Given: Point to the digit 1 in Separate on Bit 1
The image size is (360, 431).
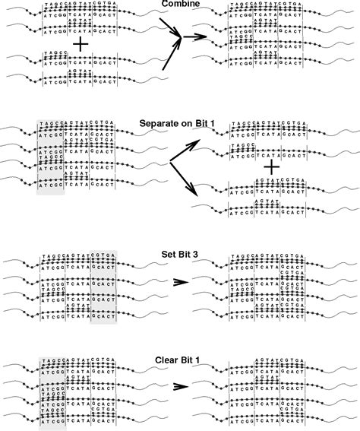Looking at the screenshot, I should pos(213,122).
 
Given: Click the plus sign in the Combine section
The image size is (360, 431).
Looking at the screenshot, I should pos(78,46).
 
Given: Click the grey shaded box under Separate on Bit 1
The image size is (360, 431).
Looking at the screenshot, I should pos(49,156).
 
